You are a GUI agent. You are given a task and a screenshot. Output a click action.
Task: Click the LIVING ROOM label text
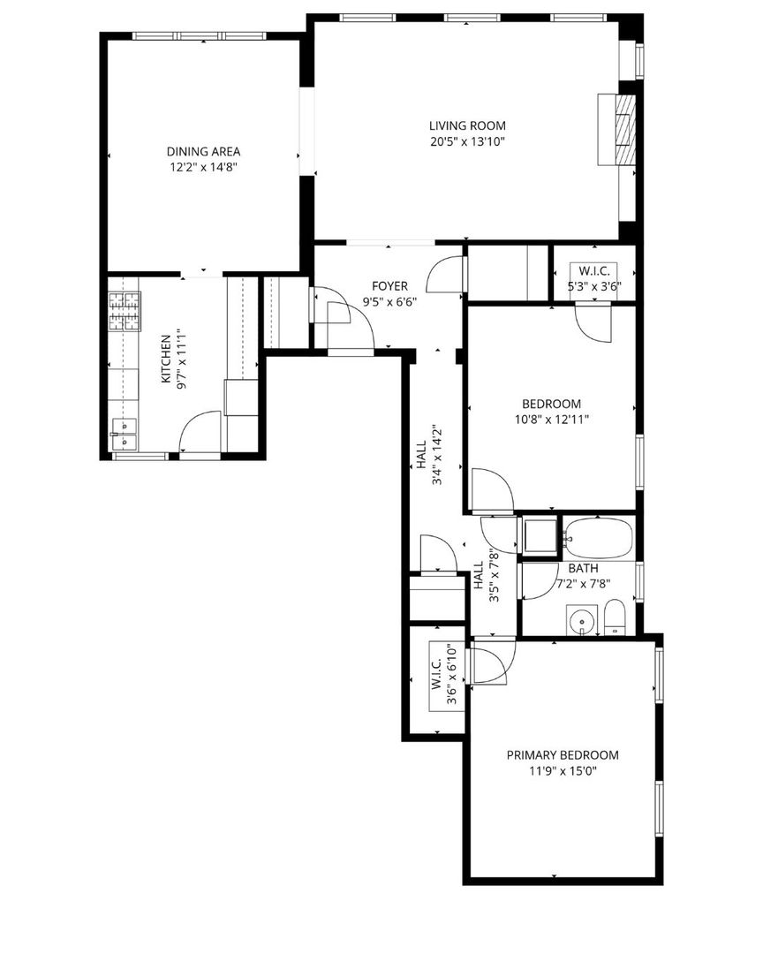click(x=467, y=126)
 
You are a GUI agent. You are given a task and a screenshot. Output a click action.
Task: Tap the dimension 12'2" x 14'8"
click(x=203, y=167)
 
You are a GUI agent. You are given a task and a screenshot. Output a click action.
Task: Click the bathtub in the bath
click(x=598, y=538)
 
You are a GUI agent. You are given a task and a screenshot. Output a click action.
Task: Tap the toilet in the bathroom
click(x=615, y=618)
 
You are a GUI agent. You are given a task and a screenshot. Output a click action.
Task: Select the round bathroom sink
click(x=582, y=621)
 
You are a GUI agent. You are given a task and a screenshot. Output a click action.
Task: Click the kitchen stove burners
click(x=125, y=312)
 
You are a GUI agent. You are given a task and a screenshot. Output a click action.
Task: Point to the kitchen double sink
click(x=124, y=434)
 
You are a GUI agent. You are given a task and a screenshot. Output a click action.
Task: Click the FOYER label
click(x=390, y=286)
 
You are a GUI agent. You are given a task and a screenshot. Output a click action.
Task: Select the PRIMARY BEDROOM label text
click(x=563, y=755)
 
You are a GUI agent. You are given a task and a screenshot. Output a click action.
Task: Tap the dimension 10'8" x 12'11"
click(x=552, y=420)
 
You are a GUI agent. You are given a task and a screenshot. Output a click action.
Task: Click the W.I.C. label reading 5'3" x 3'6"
click(x=593, y=278)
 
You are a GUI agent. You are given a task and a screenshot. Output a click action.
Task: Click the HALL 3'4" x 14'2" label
click(x=428, y=455)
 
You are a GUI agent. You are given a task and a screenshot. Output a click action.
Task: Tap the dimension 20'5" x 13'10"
click(x=467, y=141)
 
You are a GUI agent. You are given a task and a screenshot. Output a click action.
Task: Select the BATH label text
click(x=584, y=568)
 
